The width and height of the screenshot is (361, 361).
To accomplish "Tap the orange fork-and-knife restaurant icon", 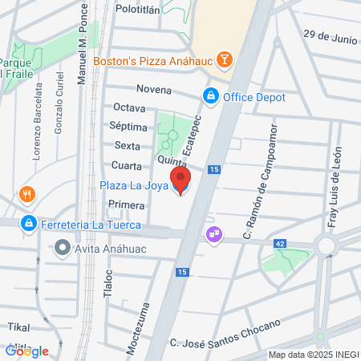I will pos(27,194).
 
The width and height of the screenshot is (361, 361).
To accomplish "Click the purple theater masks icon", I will pos(214,234).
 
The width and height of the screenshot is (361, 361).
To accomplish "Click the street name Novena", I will pos(154,89).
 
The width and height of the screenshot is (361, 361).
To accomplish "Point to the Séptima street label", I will pos(132,127).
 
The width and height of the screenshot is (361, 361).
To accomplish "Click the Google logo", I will pos(27,351).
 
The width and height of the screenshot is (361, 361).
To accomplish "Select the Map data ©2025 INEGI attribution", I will pos(312,355).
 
